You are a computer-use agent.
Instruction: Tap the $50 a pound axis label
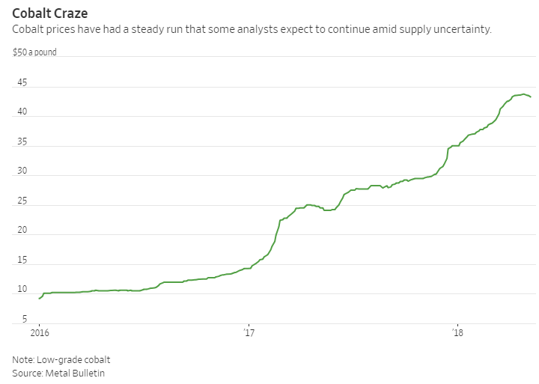(34, 52)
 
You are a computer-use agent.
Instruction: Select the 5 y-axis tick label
(24, 319)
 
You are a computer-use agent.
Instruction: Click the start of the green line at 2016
(39, 299)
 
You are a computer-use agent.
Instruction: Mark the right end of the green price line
(531, 97)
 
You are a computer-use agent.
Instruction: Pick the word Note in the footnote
(23, 359)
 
